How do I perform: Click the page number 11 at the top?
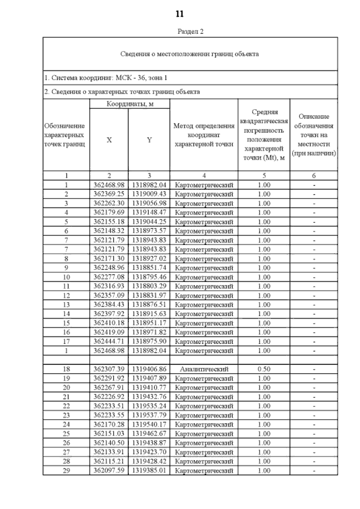[179, 14]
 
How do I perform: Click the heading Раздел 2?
[191, 31]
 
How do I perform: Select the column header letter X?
[109, 140]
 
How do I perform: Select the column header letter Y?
[149, 140]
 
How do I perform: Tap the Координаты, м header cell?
[130, 104]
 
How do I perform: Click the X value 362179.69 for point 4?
[109, 212]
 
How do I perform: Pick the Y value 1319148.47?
[149, 212]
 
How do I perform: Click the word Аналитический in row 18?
[204, 369]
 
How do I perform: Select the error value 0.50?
[264, 369]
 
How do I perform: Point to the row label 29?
[66, 470]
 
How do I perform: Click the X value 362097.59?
[109, 470]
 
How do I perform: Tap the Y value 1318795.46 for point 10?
[149, 277]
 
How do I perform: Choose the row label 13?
[66, 305]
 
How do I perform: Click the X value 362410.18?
[109, 323]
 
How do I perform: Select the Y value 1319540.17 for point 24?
[149, 424]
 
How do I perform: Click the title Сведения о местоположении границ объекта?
[190, 54]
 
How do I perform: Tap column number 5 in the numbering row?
[264, 176]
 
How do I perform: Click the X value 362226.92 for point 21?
[109, 397]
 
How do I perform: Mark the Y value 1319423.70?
[149, 452]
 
